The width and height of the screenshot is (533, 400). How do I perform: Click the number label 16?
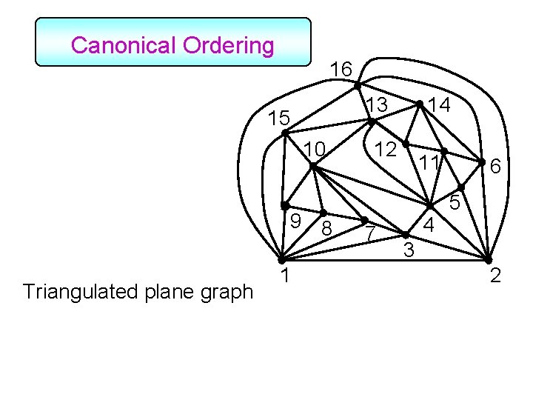point(341,69)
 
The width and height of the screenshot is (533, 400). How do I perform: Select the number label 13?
point(378,105)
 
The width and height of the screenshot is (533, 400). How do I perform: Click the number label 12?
point(384,148)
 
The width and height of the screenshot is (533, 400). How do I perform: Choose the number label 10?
point(314,150)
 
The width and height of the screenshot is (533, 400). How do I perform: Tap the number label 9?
point(294,220)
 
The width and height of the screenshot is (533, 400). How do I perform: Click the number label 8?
point(326,229)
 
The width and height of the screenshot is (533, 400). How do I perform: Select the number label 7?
point(372,235)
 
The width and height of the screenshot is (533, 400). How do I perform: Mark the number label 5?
point(456,201)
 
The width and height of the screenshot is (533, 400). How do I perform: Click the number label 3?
point(408,251)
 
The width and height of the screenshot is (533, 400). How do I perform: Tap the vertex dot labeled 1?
point(281,260)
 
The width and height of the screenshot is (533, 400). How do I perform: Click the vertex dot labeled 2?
point(488,259)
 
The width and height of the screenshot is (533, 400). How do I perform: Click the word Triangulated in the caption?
point(76,292)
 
